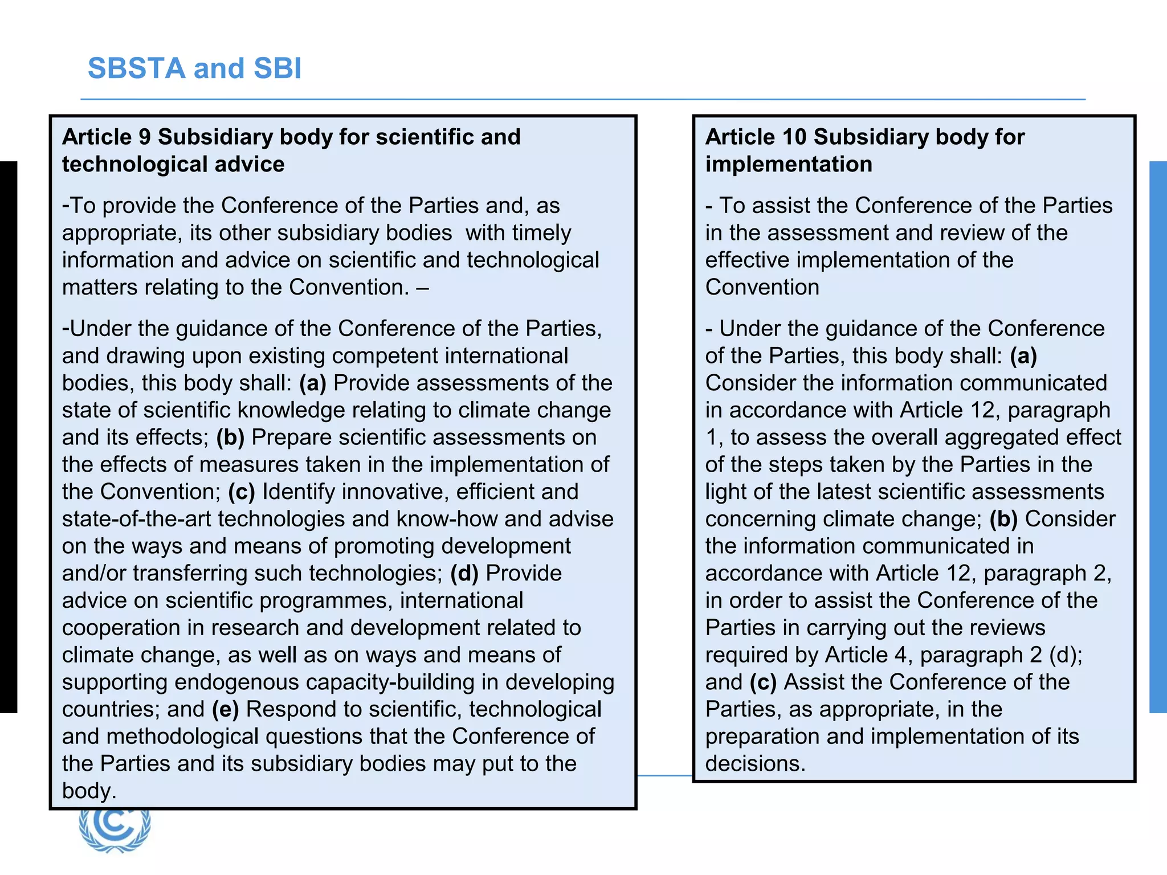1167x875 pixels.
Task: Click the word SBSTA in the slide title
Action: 137,68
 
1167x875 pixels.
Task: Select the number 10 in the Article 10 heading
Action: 794,137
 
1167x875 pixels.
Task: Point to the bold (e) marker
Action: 226,709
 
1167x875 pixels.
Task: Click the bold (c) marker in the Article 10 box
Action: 763,682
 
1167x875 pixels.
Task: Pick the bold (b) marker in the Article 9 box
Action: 230,437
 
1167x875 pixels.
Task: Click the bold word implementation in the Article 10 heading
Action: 789,164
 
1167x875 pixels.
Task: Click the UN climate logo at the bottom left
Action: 116,829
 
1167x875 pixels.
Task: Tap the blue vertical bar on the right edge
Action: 1158,437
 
